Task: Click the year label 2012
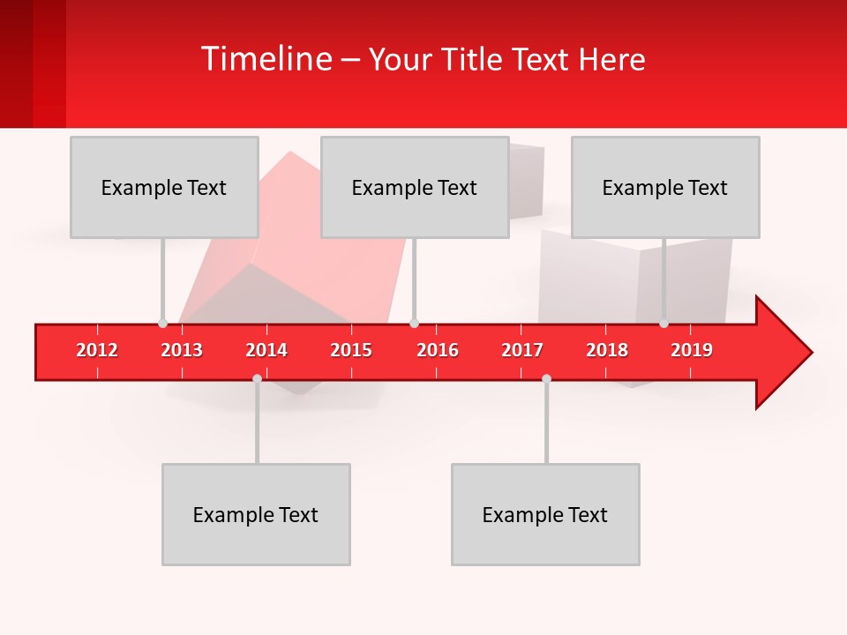[97, 350]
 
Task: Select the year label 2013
[182, 350]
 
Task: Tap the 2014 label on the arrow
[266, 350]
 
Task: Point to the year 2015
[351, 350]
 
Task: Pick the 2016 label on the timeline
[438, 350]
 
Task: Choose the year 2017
[522, 350]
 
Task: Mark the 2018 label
[607, 350]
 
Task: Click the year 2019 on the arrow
[692, 350]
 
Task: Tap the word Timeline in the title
[265, 59]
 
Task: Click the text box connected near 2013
[164, 187]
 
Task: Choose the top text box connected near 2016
[415, 187]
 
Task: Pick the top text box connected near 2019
[665, 187]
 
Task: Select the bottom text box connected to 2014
[256, 514]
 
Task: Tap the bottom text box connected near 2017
[545, 514]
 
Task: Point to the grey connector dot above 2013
[162, 323]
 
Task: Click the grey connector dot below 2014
[257, 378]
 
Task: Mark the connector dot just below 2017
[546, 378]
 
